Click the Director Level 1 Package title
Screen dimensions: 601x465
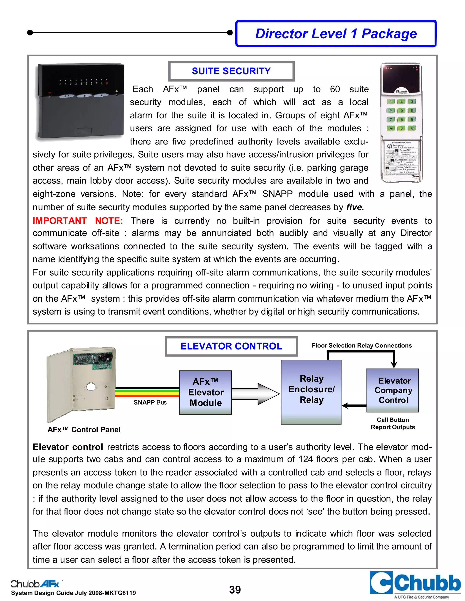336,34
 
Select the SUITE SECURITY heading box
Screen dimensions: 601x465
231,71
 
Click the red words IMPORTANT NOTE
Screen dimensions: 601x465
78,221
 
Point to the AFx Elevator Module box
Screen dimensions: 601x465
205,392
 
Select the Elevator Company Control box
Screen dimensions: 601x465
393,391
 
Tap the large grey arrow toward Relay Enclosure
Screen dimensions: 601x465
255,394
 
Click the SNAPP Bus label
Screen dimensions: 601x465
150,402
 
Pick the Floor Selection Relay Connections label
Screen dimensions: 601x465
362,346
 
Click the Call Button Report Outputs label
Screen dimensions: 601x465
393,423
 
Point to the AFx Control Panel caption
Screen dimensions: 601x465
84,430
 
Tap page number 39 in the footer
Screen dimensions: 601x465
235,589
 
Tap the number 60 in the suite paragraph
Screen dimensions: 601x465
335,89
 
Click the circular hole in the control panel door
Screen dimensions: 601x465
91,387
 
